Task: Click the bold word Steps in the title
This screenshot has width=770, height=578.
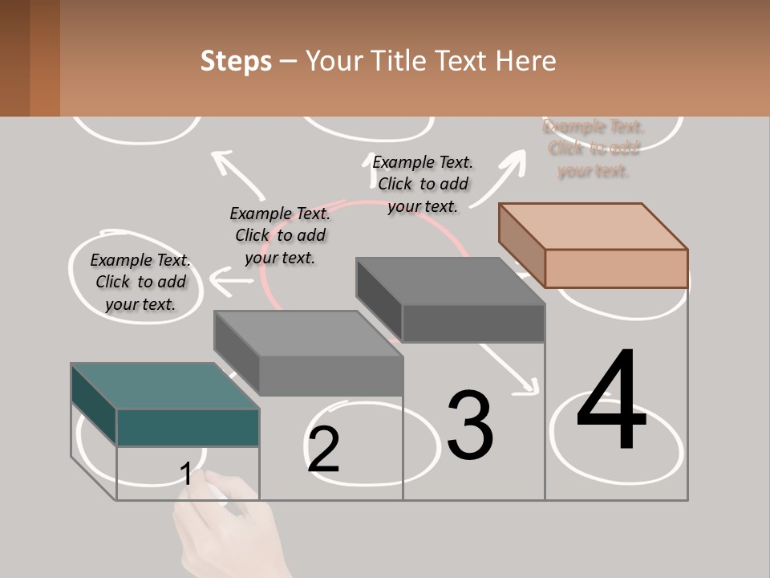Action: pyautogui.click(x=236, y=61)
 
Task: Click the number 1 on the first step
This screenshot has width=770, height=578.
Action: pyautogui.click(x=186, y=474)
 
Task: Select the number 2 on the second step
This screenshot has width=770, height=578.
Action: pyautogui.click(x=323, y=450)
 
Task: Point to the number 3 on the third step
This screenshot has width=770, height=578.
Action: pyautogui.click(x=469, y=425)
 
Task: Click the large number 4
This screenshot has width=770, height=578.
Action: pyautogui.click(x=611, y=401)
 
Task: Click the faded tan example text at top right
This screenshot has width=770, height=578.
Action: pyautogui.click(x=594, y=149)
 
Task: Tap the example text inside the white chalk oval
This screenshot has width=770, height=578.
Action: pyautogui.click(x=140, y=282)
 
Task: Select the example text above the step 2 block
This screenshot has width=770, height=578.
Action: pyautogui.click(x=280, y=235)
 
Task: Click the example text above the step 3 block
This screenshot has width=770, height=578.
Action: pyautogui.click(x=423, y=184)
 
